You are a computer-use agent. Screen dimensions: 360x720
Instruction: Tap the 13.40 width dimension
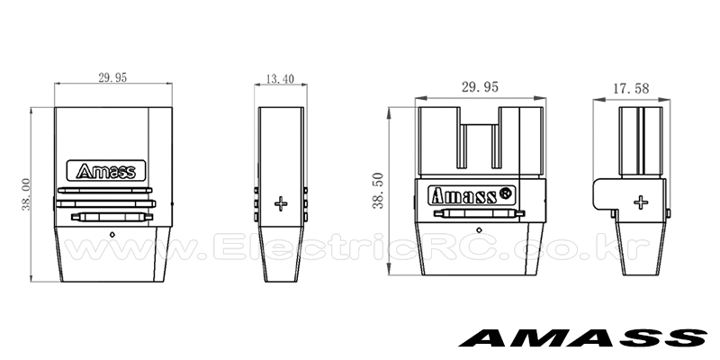[281, 79]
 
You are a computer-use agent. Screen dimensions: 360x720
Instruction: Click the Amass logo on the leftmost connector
[106, 171]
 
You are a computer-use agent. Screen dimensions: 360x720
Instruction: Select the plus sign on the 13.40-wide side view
[280, 205]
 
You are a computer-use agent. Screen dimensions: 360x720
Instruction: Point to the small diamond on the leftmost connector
[112, 235]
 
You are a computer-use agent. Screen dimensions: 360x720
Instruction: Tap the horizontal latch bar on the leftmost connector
[112, 217]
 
